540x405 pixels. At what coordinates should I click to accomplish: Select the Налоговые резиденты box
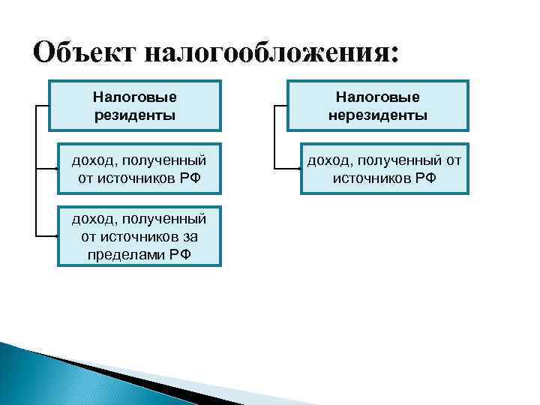click(135, 106)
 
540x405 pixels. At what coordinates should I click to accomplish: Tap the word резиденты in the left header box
click(135, 115)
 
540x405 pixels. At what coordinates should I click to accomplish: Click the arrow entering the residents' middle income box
click(55, 169)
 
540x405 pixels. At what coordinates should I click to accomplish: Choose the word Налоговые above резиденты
click(135, 97)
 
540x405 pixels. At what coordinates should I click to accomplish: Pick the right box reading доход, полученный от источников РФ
click(384, 169)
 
